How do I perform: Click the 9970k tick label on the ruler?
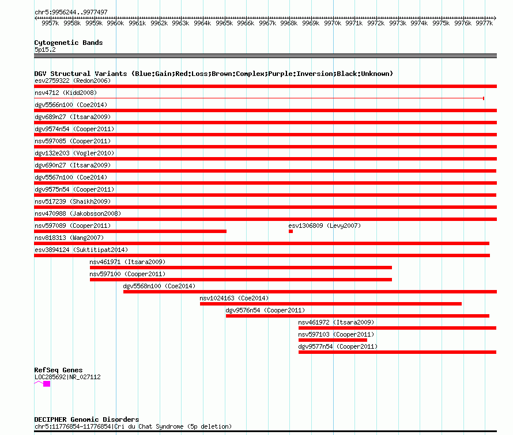coord(333,23)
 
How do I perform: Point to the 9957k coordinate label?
coord(50,23)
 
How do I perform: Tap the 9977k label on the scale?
coord(484,23)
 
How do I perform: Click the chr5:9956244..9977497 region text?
coord(71,13)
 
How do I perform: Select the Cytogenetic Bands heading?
coord(69,43)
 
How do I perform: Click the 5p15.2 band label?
coord(45,49)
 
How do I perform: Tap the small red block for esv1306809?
coord(291,231)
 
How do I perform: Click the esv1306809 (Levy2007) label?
coord(325,226)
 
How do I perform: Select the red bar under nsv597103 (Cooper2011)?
coord(333,340)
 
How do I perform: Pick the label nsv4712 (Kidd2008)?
coord(66,93)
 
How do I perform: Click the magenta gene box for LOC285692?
coord(47,384)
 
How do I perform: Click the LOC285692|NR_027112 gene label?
coord(67,377)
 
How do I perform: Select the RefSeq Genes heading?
coord(59,370)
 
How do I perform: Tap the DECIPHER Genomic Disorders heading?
coord(86,419)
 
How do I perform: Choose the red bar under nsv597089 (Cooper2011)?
coord(130,231)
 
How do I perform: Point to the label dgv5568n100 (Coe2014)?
coord(159,286)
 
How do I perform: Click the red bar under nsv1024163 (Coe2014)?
coord(331,304)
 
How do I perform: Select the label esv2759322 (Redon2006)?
coord(73,81)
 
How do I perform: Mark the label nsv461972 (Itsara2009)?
coord(336,322)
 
